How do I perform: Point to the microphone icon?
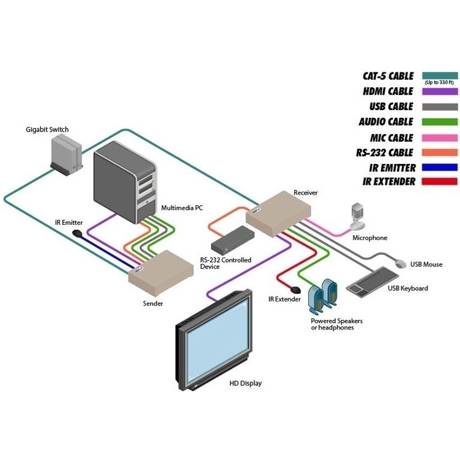[358, 215]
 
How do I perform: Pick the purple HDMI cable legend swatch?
[440, 92]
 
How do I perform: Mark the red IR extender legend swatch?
[440, 182]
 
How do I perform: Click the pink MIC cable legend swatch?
[440, 137]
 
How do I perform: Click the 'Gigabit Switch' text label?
[47, 129]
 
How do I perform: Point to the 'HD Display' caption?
[246, 383]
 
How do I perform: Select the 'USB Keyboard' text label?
[408, 288]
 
